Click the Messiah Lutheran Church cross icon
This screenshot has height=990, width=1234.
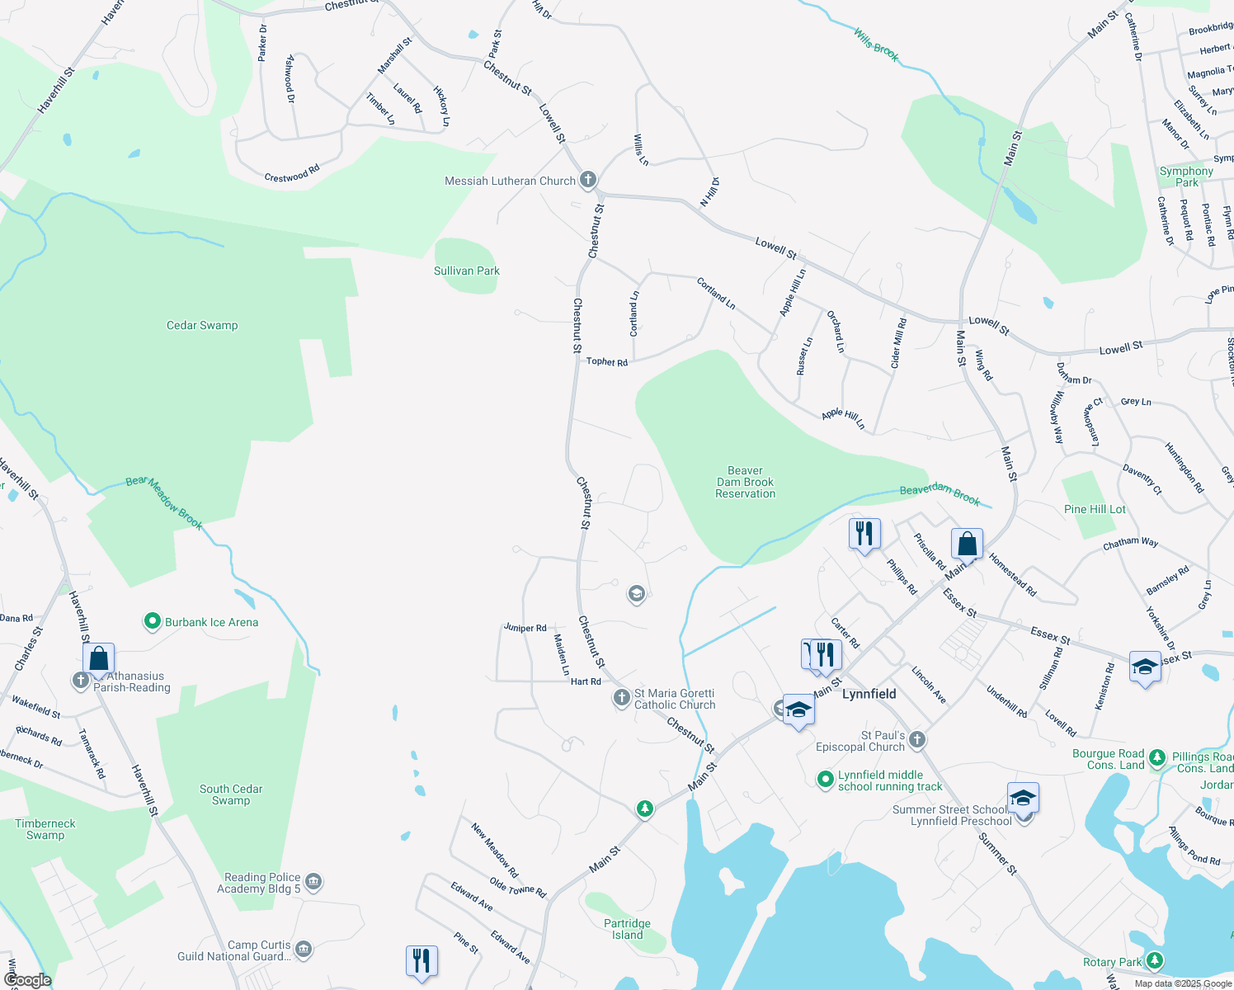(587, 180)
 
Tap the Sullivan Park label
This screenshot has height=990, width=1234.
(467, 271)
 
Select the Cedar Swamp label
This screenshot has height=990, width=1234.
(202, 325)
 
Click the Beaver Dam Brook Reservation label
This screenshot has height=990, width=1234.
(745, 482)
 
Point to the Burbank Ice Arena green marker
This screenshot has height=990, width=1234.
(152, 621)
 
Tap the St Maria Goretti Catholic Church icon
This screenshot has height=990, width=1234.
(622, 699)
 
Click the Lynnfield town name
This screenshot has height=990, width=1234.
(869, 694)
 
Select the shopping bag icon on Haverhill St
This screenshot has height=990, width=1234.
(98, 659)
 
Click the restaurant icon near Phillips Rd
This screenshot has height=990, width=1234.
(864, 534)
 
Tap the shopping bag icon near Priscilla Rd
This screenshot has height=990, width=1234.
(967, 544)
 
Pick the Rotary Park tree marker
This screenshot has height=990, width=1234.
(1155, 961)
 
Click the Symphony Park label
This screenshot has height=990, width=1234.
(1186, 177)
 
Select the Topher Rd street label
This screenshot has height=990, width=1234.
(606, 361)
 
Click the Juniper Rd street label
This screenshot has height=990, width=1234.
(525, 628)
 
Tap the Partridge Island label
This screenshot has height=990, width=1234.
(627, 929)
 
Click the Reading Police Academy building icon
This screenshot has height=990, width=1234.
(313, 883)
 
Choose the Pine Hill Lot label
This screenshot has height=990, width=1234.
(1095, 509)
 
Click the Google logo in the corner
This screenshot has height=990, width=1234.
(27, 979)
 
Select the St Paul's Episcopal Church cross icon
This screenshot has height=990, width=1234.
(917, 740)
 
